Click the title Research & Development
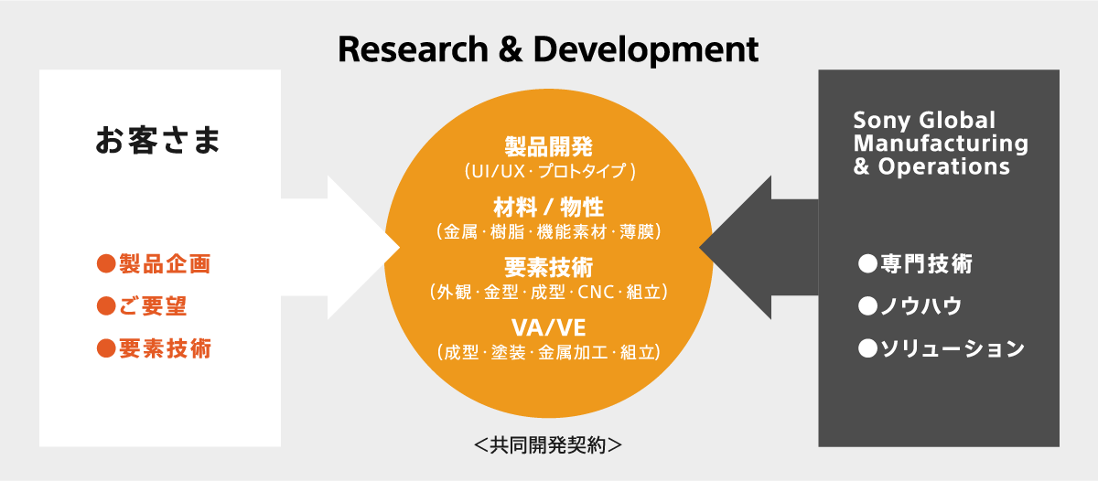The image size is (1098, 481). tap(548, 50)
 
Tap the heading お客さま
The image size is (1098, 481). tap(157, 140)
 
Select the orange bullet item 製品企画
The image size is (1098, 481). tap(154, 263)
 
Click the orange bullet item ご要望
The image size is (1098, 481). tap(142, 306)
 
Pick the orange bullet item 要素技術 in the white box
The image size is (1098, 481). tap(154, 348)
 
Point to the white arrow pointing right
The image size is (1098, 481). tap(340, 247)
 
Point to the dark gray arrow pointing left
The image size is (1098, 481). tap(759, 247)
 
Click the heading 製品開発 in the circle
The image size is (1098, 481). tap(548, 146)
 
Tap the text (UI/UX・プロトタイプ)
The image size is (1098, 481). tap(550, 171)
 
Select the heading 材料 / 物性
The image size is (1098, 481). tap(548, 207)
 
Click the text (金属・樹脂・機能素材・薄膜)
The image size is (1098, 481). tap(549, 231)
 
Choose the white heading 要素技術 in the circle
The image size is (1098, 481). tap(548, 267)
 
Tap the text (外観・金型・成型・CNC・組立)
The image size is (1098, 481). tap(549, 292)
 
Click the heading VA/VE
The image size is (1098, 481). tap(548, 327)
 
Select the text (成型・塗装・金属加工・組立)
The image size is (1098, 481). tap(549, 352)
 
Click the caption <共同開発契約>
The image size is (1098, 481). tap(548, 444)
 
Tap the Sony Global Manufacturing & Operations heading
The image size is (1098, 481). tap(941, 143)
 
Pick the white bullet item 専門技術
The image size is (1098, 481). tap(915, 263)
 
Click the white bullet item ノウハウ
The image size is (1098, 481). tap(910, 306)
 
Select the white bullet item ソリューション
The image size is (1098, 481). tap(942, 348)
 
